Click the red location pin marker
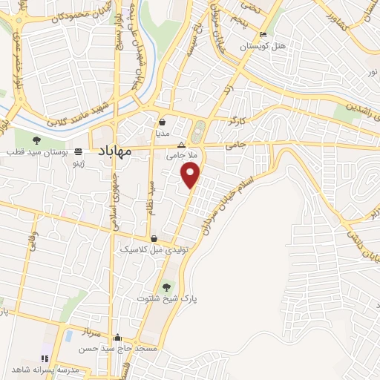click(191, 175)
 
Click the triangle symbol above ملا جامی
click(180, 145)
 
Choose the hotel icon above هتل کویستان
click(263, 35)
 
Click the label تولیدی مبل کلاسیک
click(151, 250)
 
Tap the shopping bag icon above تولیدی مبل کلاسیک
click(154, 238)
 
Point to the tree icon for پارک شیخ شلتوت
click(166, 286)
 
